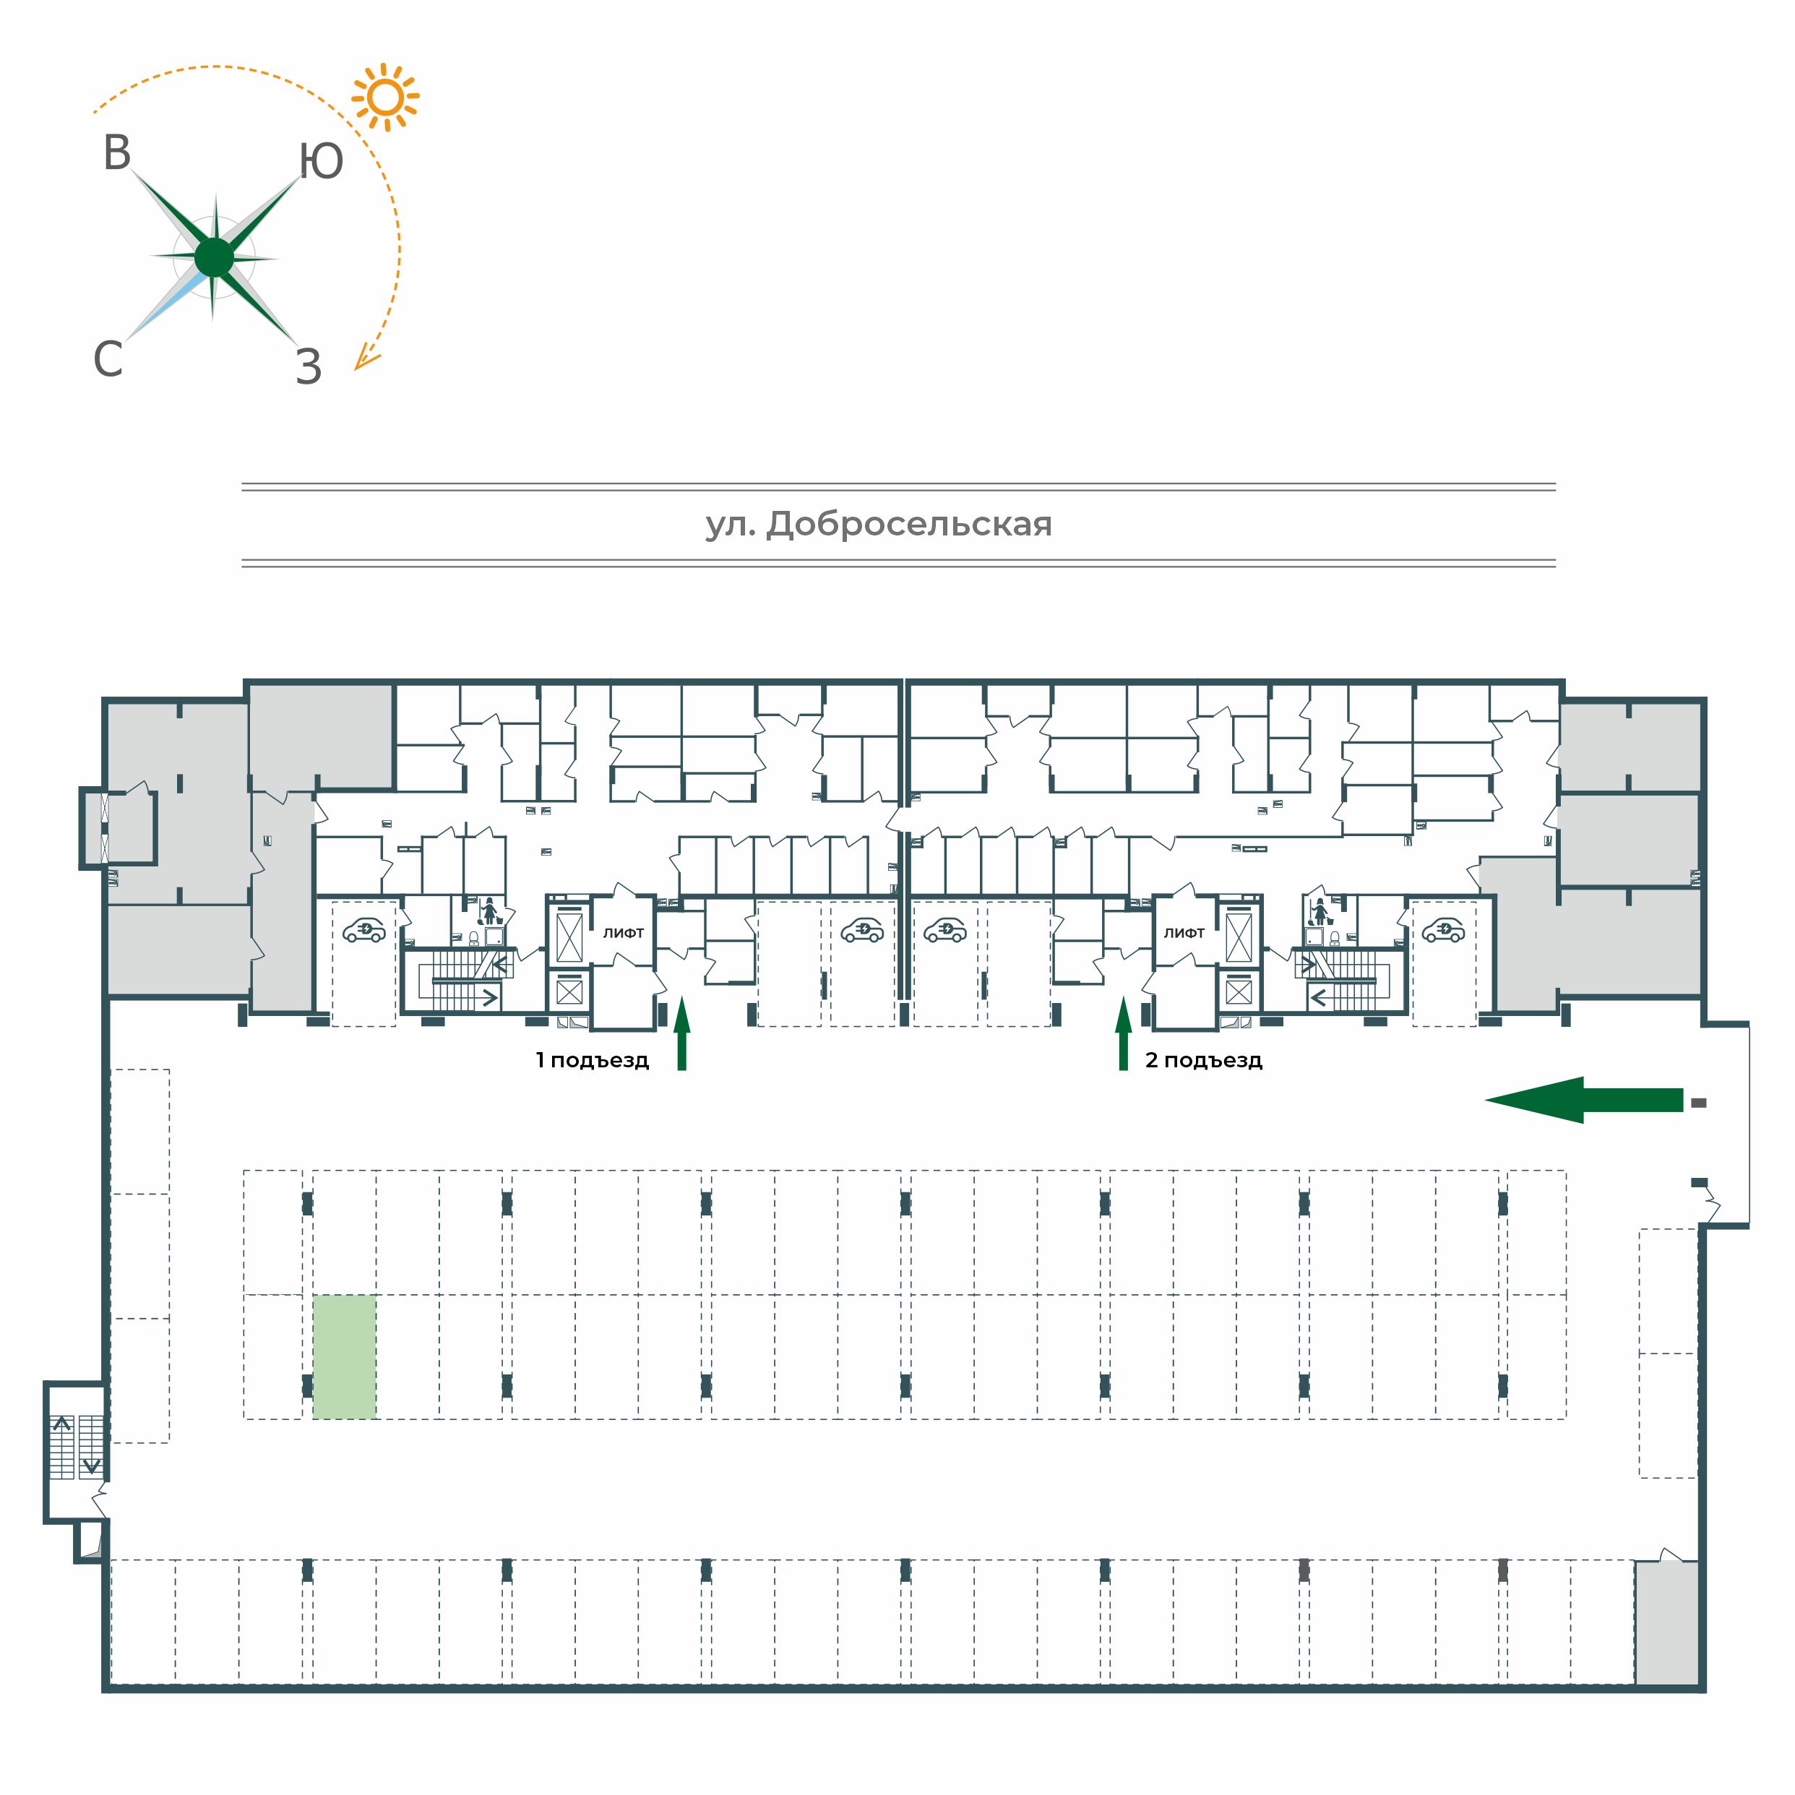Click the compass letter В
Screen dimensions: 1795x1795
pos(117,153)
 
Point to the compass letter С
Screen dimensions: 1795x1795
pos(108,358)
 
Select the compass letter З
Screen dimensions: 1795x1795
pos(309,367)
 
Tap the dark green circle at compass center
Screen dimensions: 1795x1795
pos(215,257)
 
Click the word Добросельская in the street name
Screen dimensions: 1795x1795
pos(908,525)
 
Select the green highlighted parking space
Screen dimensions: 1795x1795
pos(345,1356)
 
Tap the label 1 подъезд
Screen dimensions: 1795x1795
pos(592,1060)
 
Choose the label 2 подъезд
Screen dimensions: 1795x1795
pos(1203,1060)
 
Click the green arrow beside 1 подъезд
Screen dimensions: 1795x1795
pos(682,1033)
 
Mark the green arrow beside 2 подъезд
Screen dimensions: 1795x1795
pos(1123,1033)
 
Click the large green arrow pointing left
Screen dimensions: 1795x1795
pos(1583,1100)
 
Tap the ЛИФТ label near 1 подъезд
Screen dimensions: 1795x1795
pos(624,933)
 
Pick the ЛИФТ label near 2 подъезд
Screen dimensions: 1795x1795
pos(1184,933)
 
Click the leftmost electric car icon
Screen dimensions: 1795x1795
pos(364,930)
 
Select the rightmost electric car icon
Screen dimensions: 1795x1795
pos(1443,930)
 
